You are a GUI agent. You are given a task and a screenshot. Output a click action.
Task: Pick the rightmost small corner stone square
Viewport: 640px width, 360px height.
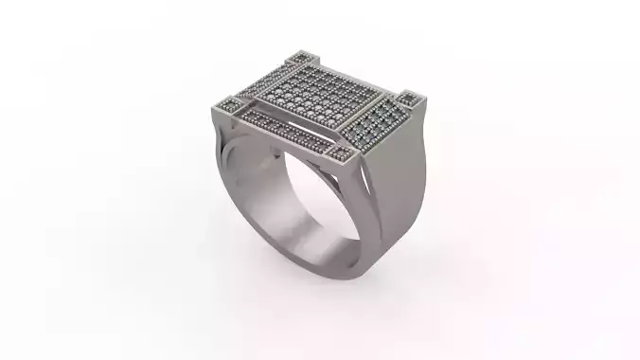[x=408, y=97]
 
